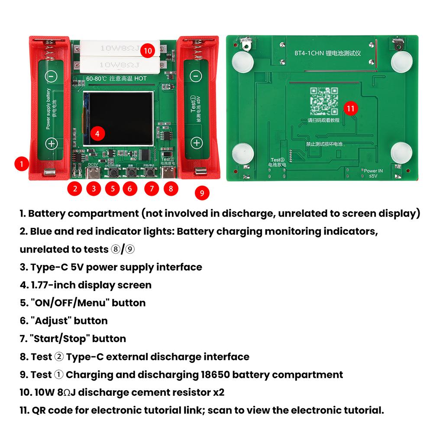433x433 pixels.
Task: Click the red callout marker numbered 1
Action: [22, 164]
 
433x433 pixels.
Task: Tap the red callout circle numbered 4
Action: [97, 134]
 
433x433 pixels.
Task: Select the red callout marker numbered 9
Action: [202, 193]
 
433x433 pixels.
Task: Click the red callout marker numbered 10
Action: [148, 51]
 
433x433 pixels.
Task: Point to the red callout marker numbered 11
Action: [351, 108]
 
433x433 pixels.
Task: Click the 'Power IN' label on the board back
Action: [373, 171]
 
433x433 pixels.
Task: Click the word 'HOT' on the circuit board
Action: [140, 79]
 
